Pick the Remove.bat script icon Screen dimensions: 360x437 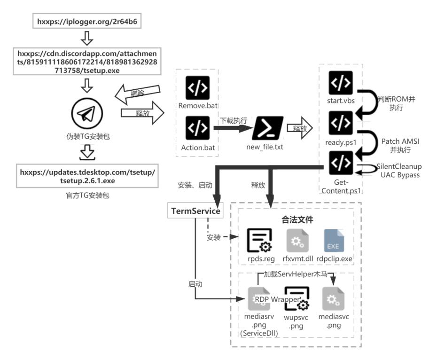pyautogui.click(x=198, y=86)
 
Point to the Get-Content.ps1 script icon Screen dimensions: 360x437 pyautogui.click(x=341, y=163)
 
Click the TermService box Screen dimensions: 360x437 pyautogui.click(x=195, y=211)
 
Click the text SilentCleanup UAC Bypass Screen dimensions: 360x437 pyautogui.click(x=399, y=170)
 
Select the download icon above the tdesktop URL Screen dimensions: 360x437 pyautogui.click(x=87, y=152)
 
